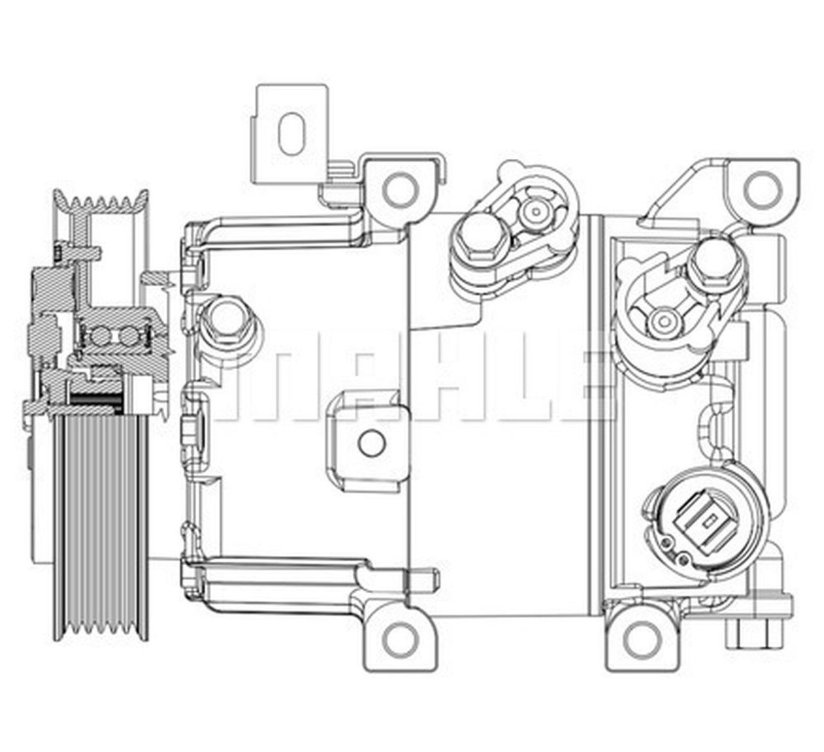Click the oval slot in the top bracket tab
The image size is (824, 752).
pos(292,134)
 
